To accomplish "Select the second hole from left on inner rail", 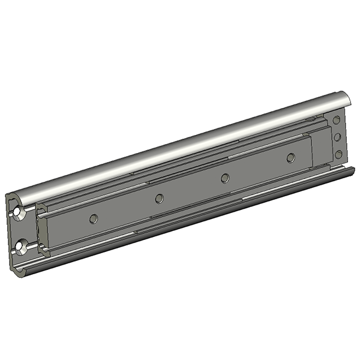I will click(x=159, y=199).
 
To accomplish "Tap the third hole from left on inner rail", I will click(x=225, y=178).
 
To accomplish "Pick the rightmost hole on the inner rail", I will click(x=291, y=158).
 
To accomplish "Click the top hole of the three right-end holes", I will click(x=338, y=121).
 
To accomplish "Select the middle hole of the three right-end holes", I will click(x=338, y=137).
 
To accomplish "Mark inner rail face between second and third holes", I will click(x=192, y=188).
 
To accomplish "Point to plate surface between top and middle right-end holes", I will click(x=338, y=129).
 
